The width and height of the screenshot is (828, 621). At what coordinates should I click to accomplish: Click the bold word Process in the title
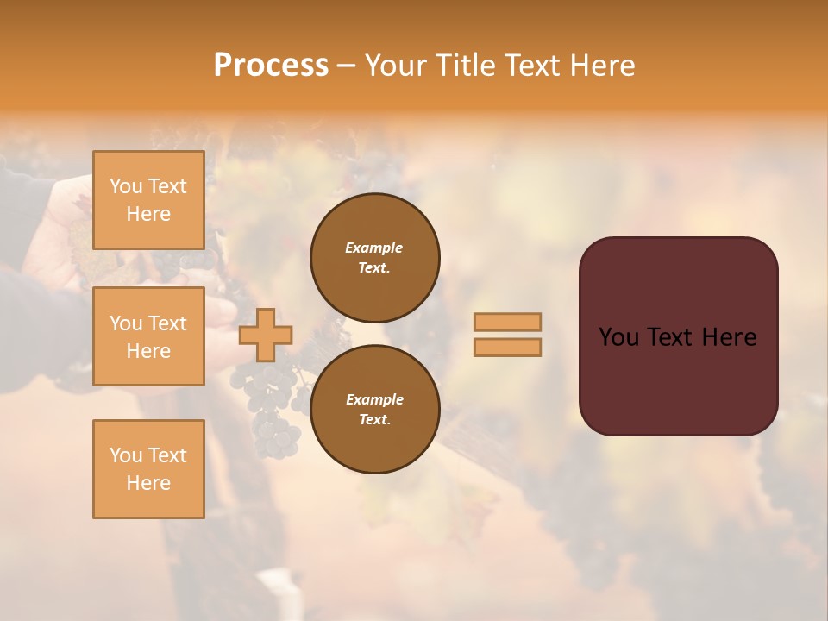[x=271, y=66]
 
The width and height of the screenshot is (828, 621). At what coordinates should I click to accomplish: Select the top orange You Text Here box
[x=148, y=200]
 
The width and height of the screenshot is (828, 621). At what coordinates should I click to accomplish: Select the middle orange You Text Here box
[x=148, y=336]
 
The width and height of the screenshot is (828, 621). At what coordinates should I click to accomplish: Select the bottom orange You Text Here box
[x=148, y=469]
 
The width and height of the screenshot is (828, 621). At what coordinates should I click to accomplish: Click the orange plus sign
[x=266, y=335]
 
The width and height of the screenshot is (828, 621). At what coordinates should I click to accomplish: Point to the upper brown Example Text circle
[x=374, y=258]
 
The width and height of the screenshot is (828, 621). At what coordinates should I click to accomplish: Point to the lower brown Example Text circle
[x=374, y=409]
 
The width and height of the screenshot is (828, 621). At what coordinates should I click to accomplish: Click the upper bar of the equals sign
[x=507, y=322]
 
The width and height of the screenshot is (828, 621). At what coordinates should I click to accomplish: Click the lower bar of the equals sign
[x=507, y=347]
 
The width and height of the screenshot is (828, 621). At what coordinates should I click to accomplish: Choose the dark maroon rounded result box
[x=678, y=379]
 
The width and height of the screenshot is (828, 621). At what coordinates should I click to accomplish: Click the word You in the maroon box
[x=618, y=337]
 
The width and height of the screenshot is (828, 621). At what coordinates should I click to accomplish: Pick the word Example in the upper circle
[x=374, y=248]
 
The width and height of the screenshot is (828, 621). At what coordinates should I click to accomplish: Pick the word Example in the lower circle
[x=374, y=399]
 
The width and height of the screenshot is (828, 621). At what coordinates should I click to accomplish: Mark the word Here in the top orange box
[x=148, y=214]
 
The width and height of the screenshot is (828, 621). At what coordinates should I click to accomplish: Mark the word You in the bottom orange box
[x=126, y=455]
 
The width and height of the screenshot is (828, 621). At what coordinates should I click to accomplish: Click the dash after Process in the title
[x=347, y=66]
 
